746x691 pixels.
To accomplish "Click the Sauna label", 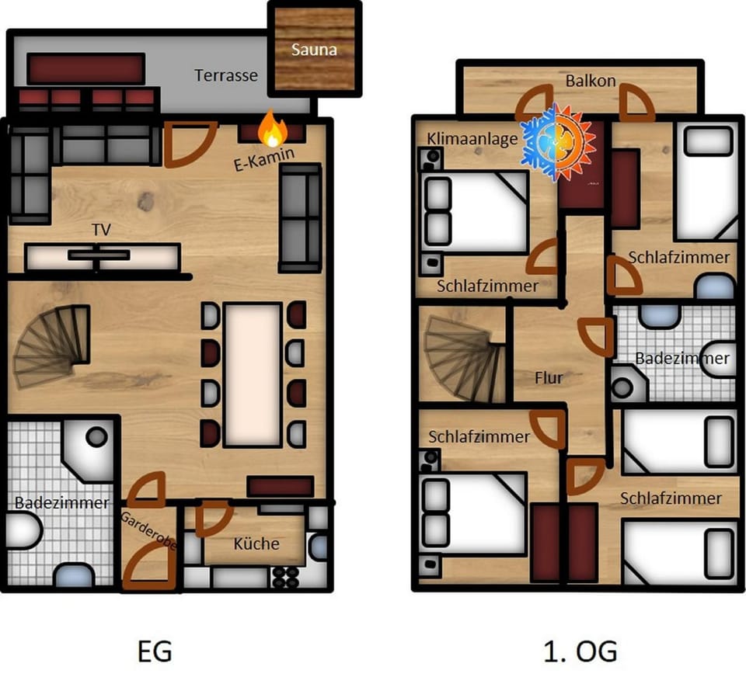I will (314, 50).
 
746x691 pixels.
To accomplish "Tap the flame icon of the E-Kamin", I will (270, 129).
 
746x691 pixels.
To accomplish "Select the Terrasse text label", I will (226, 75).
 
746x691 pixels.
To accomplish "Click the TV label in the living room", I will (101, 231).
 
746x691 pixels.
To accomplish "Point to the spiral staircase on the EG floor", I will (53, 345).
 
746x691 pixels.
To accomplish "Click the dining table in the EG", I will (253, 374).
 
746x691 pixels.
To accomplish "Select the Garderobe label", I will (148, 531).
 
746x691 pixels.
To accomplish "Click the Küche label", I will (256, 543).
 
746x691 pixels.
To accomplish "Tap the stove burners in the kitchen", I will (285, 576).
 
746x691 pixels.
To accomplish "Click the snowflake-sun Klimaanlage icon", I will (558, 141).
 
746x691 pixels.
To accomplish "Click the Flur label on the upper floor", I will (549, 378).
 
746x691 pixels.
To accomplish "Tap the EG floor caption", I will (155, 651).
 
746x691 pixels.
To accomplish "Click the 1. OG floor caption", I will (580, 651).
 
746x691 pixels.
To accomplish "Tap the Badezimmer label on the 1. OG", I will (682, 358).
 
